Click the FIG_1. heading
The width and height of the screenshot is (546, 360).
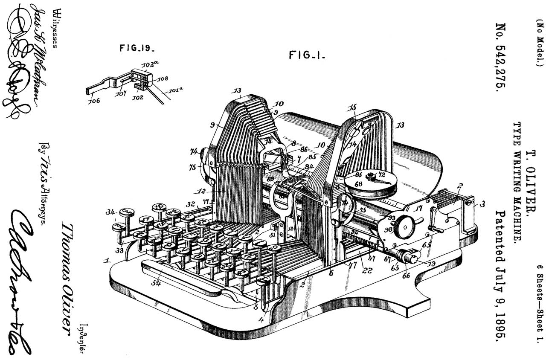(307, 55)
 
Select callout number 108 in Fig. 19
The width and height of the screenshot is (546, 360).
(163, 78)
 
